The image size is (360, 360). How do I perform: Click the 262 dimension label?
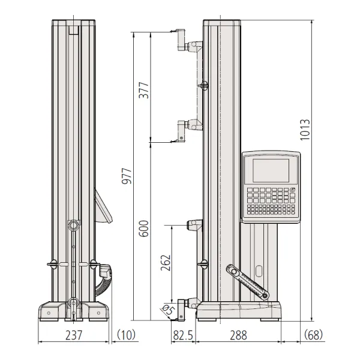[x=166, y=263]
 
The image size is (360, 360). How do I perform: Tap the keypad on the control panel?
[x=271, y=202]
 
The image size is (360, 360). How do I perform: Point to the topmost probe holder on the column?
[x=189, y=45]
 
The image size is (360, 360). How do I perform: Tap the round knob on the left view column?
[x=73, y=225]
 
